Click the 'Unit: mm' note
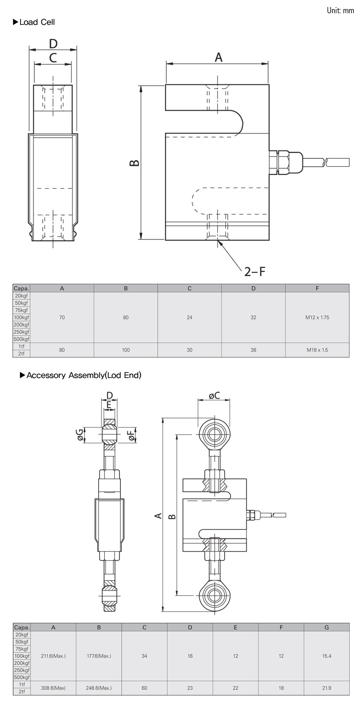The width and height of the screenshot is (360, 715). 340,11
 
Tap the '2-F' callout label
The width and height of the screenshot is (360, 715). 254,272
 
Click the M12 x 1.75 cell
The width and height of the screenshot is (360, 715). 317,318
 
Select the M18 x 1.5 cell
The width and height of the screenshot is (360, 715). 317,350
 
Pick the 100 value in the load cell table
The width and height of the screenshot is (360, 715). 126,350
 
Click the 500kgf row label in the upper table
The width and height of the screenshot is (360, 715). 22,339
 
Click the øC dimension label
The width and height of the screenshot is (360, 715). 214,396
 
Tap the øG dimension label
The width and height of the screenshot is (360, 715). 79,434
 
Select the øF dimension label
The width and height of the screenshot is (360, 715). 132,435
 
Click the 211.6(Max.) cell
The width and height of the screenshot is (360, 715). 53,656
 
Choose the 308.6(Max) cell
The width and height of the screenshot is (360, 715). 53,688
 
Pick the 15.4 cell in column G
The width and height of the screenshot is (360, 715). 326,656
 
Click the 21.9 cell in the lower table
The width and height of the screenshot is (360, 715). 326,688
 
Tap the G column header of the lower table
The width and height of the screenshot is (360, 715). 326,627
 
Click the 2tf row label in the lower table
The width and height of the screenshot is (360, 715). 22,691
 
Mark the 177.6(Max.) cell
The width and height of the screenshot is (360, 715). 99,656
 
